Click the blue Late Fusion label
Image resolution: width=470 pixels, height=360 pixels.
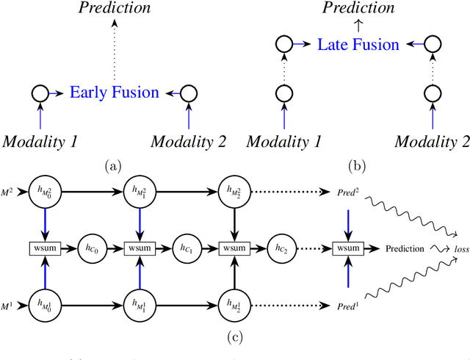(358, 45)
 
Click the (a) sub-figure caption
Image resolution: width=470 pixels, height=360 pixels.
(113, 166)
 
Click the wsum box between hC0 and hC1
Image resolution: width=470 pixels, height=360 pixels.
(137, 249)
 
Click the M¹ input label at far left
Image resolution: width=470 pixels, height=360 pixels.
(10, 303)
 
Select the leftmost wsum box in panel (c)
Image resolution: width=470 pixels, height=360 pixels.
(41, 249)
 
